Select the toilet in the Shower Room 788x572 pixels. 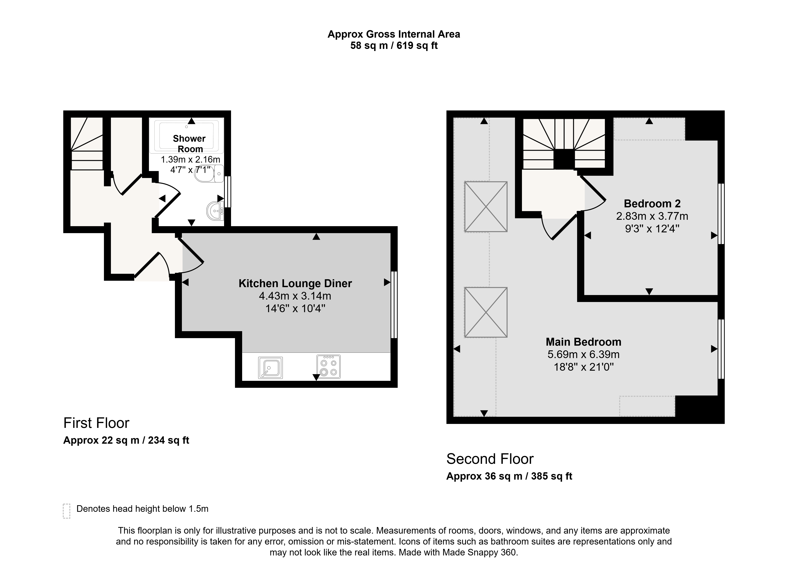click(210, 174)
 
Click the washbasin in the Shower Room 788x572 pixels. click(215, 211)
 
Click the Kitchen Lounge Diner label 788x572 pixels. click(295, 283)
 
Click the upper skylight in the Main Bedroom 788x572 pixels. click(486, 207)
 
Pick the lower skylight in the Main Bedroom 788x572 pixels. click(486, 312)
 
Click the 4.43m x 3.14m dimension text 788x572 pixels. click(295, 296)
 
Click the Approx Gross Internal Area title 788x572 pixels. click(394, 34)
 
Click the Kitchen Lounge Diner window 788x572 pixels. click(394, 305)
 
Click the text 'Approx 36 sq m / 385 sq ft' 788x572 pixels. click(509, 476)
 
